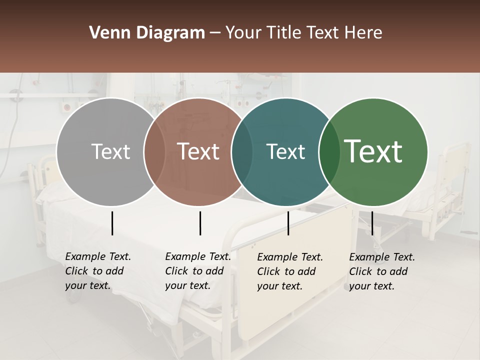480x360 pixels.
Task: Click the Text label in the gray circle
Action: tap(110, 151)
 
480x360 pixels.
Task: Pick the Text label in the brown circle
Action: tap(198, 151)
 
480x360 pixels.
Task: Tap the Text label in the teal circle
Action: tap(285, 151)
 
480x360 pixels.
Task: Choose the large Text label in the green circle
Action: tap(373, 151)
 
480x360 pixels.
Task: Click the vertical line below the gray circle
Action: tap(112, 223)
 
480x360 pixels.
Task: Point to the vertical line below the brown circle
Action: tap(200, 223)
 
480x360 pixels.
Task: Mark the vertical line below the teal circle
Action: tap(288, 223)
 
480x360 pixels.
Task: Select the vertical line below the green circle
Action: tap(372, 223)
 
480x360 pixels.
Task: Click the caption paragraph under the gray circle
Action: tap(97, 271)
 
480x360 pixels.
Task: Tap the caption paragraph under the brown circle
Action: tap(197, 271)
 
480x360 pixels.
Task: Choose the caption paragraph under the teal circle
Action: tap(290, 271)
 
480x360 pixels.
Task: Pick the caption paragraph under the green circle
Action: tap(382, 271)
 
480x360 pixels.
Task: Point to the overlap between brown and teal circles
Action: tap(242, 151)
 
